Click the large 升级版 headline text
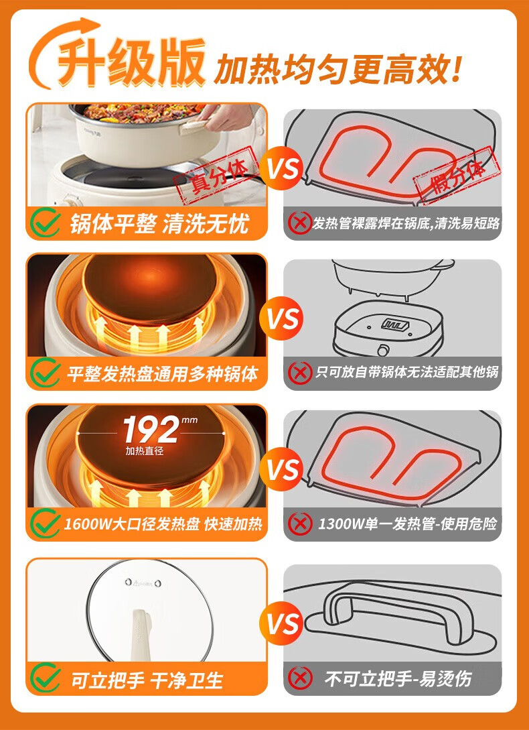point(132,62)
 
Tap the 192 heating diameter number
point(151,430)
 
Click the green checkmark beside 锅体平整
point(46,222)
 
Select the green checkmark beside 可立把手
point(46,678)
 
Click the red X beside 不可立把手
point(300,678)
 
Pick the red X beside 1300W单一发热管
point(300,524)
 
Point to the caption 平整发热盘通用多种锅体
point(162,374)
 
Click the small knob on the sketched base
point(384,349)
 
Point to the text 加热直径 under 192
point(144,451)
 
